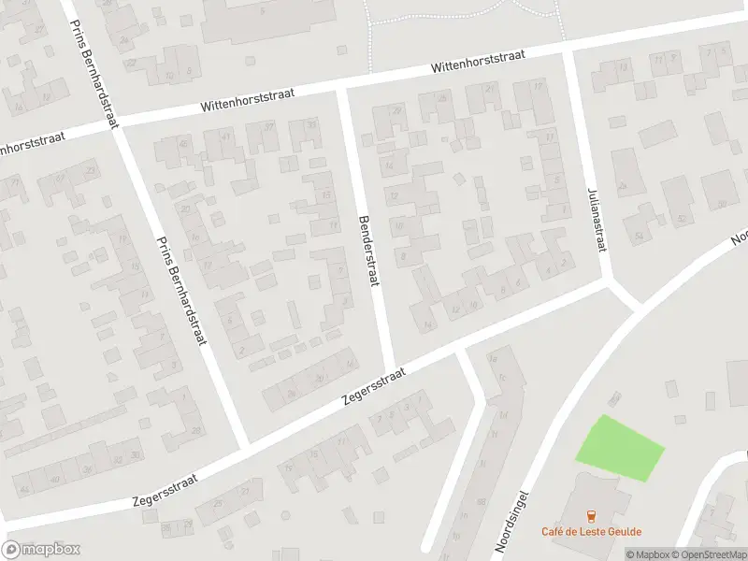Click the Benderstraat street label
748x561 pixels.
368,252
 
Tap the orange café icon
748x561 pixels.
590,515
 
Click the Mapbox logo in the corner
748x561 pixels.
41,550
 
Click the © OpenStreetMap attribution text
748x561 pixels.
706,554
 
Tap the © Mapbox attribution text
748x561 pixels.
647,554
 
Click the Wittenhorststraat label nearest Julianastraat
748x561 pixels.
478,63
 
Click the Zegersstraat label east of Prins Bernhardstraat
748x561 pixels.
374,384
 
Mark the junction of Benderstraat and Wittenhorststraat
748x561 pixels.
342,88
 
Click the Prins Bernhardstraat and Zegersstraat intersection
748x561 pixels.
245,447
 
